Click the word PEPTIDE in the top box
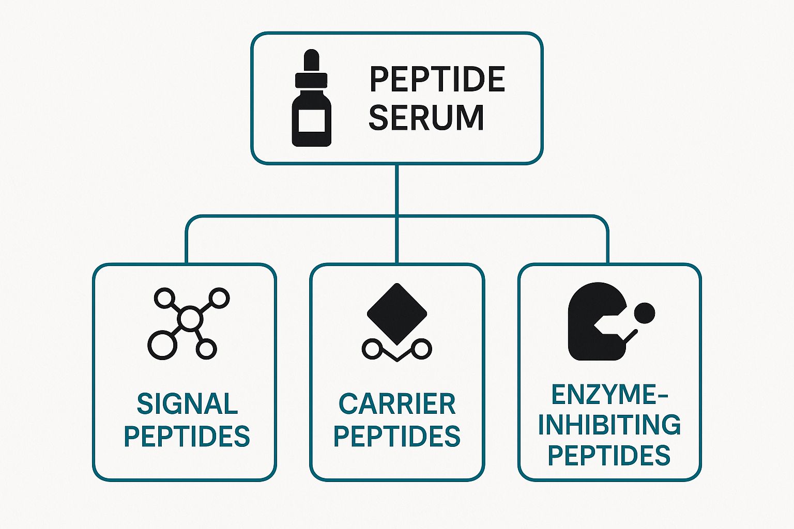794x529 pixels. (x=437, y=80)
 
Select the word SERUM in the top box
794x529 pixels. (x=426, y=117)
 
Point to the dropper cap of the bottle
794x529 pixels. (x=311, y=62)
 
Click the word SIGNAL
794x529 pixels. (x=187, y=404)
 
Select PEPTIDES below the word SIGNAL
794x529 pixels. (x=187, y=437)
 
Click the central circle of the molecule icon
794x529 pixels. (x=189, y=319)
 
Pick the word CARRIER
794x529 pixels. (x=397, y=404)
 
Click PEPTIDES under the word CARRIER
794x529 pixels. (x=397, y=437)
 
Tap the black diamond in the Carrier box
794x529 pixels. (x=397, y=313)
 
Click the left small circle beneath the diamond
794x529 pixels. (x=372, y=349)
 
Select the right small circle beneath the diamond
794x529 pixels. (x=422, y=349)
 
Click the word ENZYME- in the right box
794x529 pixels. (x=609, y=395)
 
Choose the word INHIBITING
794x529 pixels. (x=609, y=425)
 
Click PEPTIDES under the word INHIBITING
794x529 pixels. (x=609, y=455)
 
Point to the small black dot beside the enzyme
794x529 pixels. (x=644, y=313)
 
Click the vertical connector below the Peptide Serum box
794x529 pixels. (x=396, y=189)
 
